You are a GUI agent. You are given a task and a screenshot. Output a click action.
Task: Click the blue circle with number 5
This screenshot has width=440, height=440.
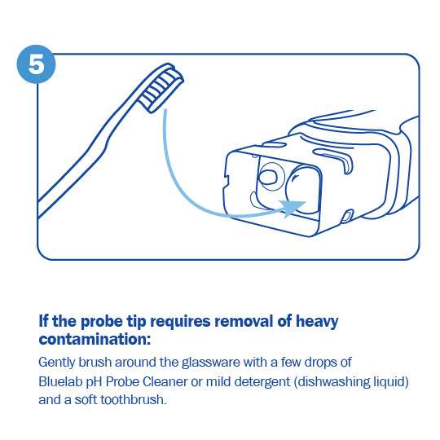click(36, 64)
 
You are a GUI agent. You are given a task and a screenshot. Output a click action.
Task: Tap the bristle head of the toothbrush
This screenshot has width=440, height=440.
click(161, 87)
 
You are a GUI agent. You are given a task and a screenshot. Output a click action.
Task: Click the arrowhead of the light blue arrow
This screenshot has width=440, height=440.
click(293, 209)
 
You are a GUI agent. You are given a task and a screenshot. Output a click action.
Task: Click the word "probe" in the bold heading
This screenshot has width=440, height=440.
click(102, 322)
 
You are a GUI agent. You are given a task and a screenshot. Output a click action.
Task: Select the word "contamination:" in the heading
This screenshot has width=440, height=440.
click(95, 339)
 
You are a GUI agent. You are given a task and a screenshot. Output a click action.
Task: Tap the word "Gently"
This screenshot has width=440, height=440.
click(57, 363)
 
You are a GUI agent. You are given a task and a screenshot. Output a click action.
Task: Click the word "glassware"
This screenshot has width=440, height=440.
click(211, 363)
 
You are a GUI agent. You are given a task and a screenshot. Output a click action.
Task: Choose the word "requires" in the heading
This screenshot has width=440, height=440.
click(180, 322)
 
